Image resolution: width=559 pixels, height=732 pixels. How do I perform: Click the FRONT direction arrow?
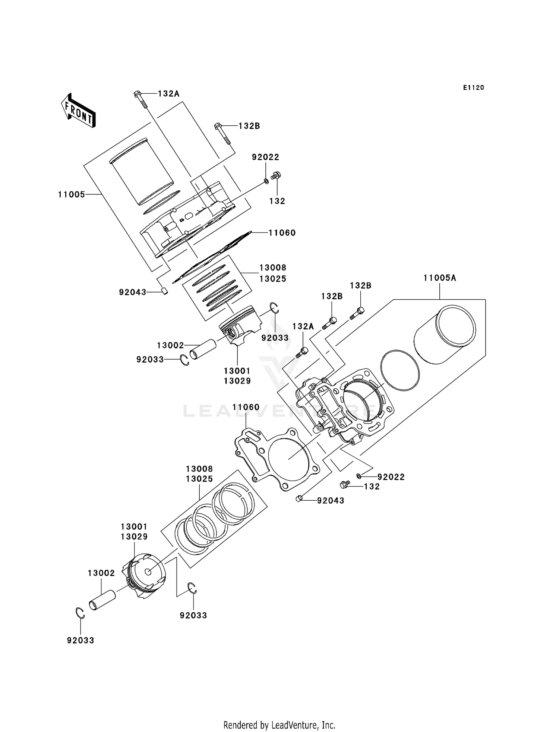coord(78,111)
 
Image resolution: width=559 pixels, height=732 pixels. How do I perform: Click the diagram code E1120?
coord(473,88)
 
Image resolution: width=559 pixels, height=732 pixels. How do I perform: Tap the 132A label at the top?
coord(168,94)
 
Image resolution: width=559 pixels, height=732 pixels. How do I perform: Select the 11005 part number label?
coord(72,194)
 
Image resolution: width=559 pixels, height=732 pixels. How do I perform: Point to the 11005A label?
coord(440,278)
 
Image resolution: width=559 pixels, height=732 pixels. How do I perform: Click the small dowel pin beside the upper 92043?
coord(164,291)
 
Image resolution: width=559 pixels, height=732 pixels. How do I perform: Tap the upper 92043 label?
coord(133,292)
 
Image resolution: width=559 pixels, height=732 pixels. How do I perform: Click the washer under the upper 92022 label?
coord(266,181)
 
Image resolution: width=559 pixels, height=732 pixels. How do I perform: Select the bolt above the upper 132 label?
coord(276,175)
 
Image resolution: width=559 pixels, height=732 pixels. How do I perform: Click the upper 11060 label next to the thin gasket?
coord(282,233)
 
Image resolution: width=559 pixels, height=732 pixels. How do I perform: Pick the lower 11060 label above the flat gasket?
coord(246,407)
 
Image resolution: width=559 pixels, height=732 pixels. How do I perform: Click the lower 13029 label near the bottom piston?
coord(134,537)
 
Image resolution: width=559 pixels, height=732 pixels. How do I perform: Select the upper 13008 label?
coord(273,268)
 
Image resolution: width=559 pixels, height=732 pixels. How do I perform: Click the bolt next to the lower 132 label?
coord(345,485)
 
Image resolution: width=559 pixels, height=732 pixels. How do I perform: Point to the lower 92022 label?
coord(391,477)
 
